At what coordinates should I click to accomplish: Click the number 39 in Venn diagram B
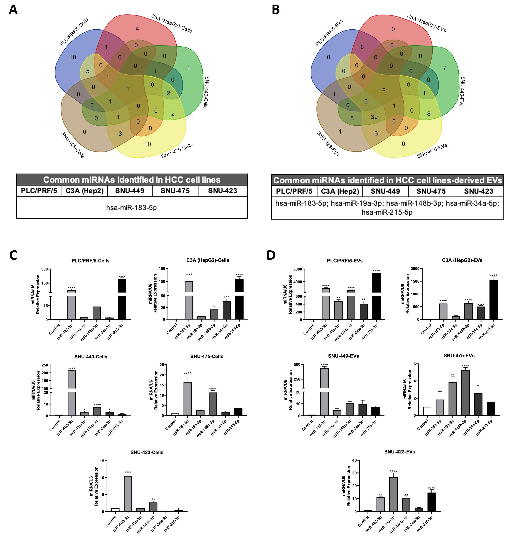tap(374, 117)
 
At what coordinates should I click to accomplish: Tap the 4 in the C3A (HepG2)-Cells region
tap(137, 29)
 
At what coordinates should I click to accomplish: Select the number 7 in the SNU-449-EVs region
tap(445, 68)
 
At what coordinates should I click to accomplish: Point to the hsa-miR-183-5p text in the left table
tap(131, 208)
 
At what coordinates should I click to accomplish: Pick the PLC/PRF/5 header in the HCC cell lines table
tap(39, 191)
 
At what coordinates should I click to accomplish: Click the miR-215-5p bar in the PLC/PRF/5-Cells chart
tap(122, 300)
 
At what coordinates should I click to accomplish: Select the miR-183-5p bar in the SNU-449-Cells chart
tap(72, 393)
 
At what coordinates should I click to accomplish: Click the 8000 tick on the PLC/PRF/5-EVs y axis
tap(298, 269)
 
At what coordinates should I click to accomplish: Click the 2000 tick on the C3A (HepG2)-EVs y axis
tap(415, 269)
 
